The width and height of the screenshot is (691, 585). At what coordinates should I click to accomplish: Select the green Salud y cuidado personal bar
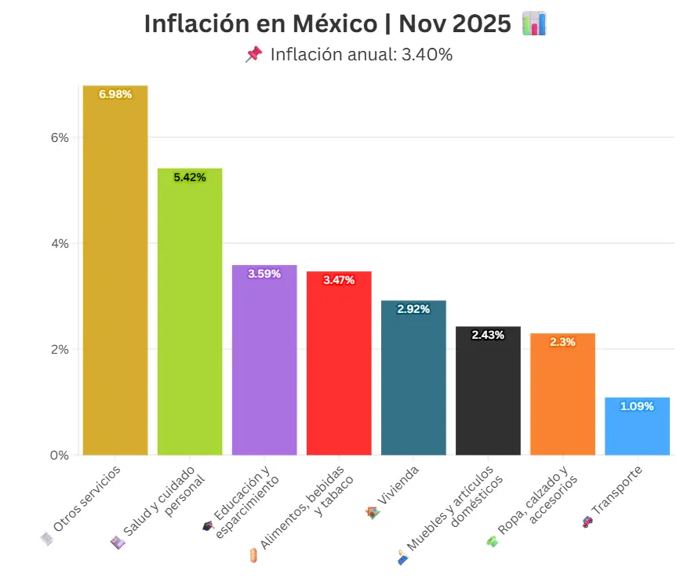click(x=190, y=314)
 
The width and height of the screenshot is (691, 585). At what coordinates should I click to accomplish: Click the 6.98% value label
click(x=115, y=94)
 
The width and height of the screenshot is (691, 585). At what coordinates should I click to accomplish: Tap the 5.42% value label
click(x=190, y=178)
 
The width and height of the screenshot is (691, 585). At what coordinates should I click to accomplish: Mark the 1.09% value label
click(x=637, y=406)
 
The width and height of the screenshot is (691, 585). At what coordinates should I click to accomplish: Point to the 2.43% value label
click(x=488, y=335)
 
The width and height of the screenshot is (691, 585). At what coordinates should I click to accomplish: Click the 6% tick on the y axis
click(x=60, y=137)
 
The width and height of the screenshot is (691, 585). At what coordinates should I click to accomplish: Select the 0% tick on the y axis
click(x=60, y=455)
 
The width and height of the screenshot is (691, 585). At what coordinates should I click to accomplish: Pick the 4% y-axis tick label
click(x=60, y=243)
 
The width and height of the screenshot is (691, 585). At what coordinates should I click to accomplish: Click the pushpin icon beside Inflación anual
click(x=253, y=54)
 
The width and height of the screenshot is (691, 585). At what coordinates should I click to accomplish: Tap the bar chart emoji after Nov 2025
click(x=533, y=24)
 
